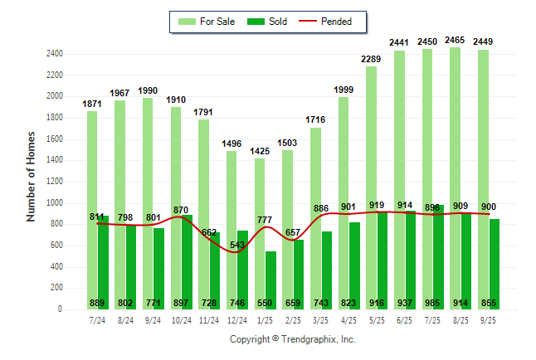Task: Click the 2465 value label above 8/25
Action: [455, 40]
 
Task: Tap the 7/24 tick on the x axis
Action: [98, 319]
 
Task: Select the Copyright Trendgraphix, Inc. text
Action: [292, 339]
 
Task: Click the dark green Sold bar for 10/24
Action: [186, 261]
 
